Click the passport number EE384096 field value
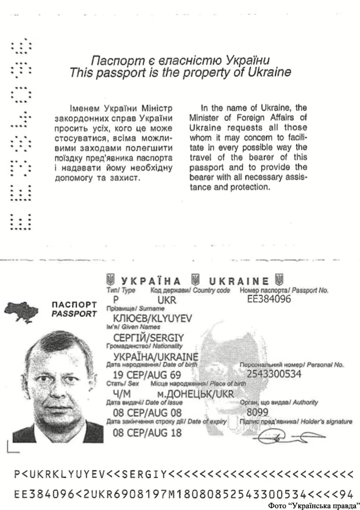tap(269, 300)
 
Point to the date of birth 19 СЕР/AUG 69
tap(147, 375)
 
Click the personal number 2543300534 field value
tap(274, 373)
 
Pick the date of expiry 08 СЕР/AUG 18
tap(147, 432)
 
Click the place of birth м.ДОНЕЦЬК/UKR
tap(183, 394)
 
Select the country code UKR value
tap(167, 300)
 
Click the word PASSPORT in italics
tap(74, 314)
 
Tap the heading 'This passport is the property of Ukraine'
tap(180, 73)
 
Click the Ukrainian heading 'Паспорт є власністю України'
tap(181, 60)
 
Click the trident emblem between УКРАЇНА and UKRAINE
tap(195, 279)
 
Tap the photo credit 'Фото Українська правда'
tap(313, 505)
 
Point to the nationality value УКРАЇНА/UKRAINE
tap(156, 356)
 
